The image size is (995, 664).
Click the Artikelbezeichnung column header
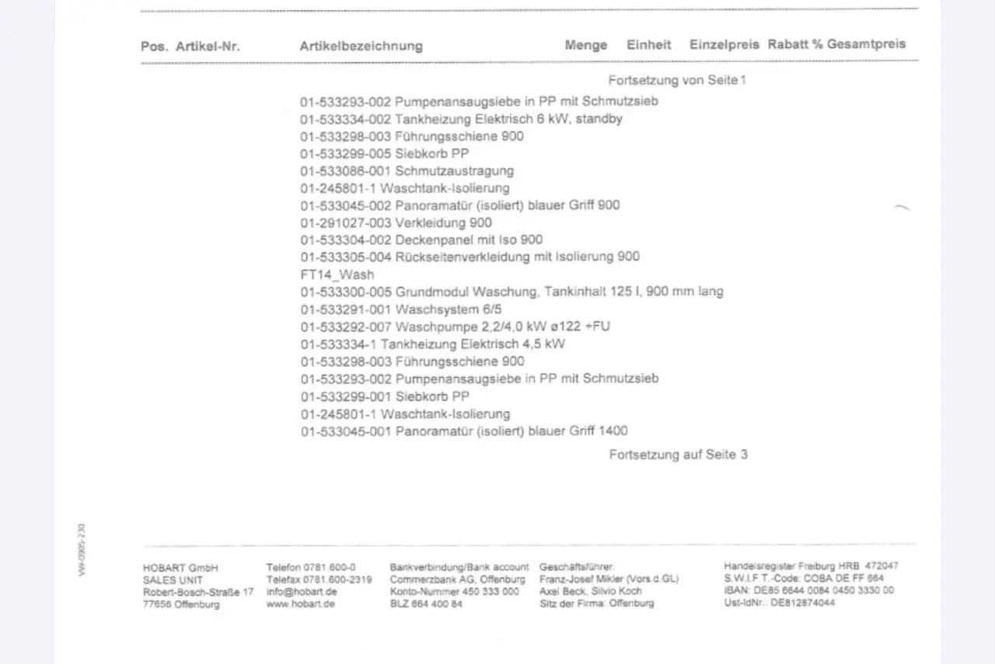pyautogui.click(x=361, y=46)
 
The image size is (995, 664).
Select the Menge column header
pyautogui.click(x=585, y=45)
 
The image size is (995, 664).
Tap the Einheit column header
pyautogui.click(x=648, y=45)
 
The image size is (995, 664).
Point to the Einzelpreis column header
pyautogui.click(x=724, y=44)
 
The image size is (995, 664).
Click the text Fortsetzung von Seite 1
pyautogui.click(x=677, y=80)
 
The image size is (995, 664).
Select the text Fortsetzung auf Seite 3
pyautogui.click(x=678, y=455)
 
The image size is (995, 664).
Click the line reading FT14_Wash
pyautogui.click(x=337, y=274)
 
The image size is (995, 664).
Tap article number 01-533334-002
pyautogui.click(x=346, y=119)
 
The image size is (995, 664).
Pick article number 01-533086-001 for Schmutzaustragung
pyautogui.click(x=346, y=171)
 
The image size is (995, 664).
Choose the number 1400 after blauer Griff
pyautogui.click(x=613, y=431)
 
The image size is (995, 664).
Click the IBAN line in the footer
pyautogui.click(x=808, y=590)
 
